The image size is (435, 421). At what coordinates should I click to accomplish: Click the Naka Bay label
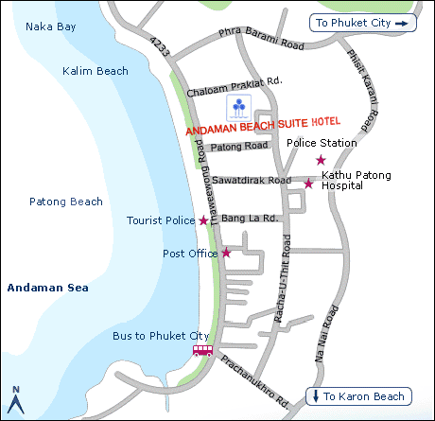[x=52, y=27]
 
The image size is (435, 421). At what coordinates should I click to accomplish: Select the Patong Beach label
[x=66, y=202]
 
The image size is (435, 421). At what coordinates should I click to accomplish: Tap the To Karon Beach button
[x=359, y=396]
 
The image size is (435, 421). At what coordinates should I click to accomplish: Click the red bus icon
[x=203, y=350]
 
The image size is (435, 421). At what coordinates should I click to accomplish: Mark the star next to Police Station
[x=321, y=160]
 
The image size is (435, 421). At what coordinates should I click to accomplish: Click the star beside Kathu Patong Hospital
[x=308, y=183]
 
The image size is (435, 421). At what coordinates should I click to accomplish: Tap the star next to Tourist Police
[x=203, y=220]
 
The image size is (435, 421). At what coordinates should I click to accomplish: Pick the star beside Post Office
[x=226, y=253]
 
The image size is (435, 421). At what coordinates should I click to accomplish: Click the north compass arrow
[x=16, y=401]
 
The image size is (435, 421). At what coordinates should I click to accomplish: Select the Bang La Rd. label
[x=250, y=219]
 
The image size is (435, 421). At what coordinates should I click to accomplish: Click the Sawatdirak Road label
[x=251, y=180]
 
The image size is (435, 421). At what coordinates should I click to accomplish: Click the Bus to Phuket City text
[x=161, y=336]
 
